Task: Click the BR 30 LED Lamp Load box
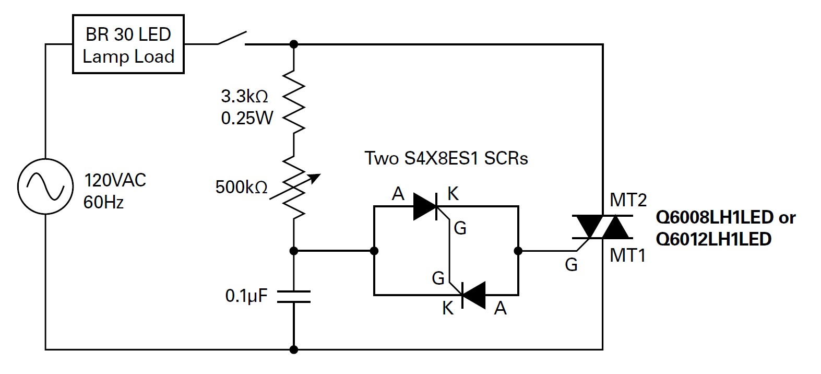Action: pos(128,45)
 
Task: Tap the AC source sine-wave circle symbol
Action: pos(45,186)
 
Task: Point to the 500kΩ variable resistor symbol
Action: pos(294,186)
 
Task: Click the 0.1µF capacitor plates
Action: pos(294,297)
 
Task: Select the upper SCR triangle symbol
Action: pos(426,206)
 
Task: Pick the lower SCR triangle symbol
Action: pos(473,295)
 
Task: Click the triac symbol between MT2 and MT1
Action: pos(603,227)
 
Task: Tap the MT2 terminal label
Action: pos(628,200)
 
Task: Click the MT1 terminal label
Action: pos(628,255)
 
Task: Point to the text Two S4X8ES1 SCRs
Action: pos(446,158)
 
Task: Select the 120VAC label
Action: pos(115,181)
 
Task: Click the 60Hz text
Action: pos(103,202)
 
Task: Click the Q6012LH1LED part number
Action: pos(713,239)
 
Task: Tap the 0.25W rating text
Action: pos(247,119)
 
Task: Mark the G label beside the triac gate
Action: pos(572,265)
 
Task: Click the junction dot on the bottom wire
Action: pos(294,349)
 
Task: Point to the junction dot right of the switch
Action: pos(294,44)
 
